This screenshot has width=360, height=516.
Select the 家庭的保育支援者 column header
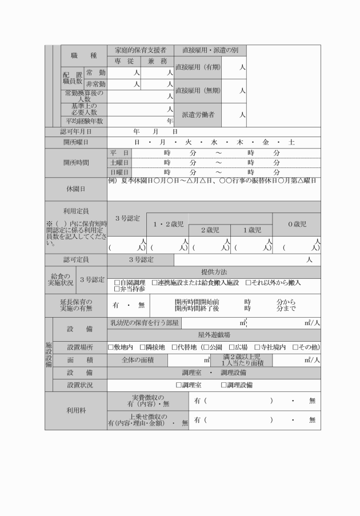tap(141, 50)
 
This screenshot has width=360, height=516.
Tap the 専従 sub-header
tap(124, 61)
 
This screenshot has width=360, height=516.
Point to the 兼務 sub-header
tap(157, 61)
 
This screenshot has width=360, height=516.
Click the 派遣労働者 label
tap(198, 115)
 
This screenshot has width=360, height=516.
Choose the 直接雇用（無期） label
tap(198, 90)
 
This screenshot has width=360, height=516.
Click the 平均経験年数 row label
tap(84, 121)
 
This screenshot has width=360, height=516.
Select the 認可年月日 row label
tap(76, 131)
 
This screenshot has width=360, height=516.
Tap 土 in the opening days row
tap(291, 142)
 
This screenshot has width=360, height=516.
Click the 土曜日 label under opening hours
tap(119, 163)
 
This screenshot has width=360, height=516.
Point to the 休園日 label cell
tap(76, 189)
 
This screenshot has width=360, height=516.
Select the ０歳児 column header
tap(296, 224)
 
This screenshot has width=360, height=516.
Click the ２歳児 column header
tap(210, 230)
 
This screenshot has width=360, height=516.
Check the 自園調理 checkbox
tap(117, 283)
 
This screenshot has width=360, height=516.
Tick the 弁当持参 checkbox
tap(117, 290)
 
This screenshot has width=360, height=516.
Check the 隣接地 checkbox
tap(143, 347)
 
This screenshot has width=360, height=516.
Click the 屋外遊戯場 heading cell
tap(214, 335)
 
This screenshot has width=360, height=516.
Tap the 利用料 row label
tap(76, 410)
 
